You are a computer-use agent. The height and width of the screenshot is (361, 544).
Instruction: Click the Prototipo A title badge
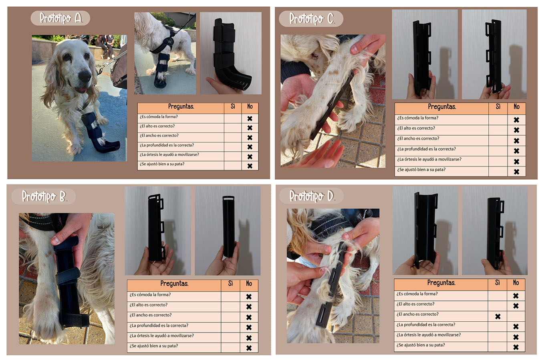[60, 18]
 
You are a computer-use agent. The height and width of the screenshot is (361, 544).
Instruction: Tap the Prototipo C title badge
[311, 19]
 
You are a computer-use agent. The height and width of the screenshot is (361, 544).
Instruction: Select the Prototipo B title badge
[44, 196]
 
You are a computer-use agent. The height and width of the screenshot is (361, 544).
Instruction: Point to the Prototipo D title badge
[311, 196]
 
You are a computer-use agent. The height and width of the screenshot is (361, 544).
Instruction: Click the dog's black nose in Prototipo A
[85, 76]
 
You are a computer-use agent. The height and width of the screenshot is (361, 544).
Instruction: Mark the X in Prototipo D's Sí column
[498, 316]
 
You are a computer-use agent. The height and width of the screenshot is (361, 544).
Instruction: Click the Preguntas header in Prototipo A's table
[181, 106]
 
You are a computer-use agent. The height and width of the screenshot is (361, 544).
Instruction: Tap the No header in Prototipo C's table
[516, 107]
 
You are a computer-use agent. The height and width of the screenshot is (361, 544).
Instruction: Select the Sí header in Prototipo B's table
[230, 284]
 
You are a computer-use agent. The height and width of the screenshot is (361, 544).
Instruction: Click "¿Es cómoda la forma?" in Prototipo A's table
[159, 117]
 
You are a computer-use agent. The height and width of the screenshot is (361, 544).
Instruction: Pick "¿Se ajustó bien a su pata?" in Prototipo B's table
[154, 346]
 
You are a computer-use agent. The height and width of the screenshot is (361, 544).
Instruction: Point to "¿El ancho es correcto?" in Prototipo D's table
[417, 314]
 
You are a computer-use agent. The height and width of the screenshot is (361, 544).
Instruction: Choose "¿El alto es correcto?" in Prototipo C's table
[416, 128]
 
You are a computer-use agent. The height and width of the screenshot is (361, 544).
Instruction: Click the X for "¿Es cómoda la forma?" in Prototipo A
[250, 118]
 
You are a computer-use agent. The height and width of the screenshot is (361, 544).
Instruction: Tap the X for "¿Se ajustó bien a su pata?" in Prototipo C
[516, 172]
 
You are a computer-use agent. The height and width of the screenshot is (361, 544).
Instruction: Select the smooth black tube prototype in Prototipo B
[228, 226]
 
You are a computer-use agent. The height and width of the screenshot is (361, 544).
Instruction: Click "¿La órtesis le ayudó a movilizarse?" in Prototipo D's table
[429, 335]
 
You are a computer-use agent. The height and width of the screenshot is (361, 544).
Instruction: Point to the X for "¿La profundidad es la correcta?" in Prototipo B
[249, 327]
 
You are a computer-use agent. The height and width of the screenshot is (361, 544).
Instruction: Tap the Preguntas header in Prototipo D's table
[441, 283]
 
